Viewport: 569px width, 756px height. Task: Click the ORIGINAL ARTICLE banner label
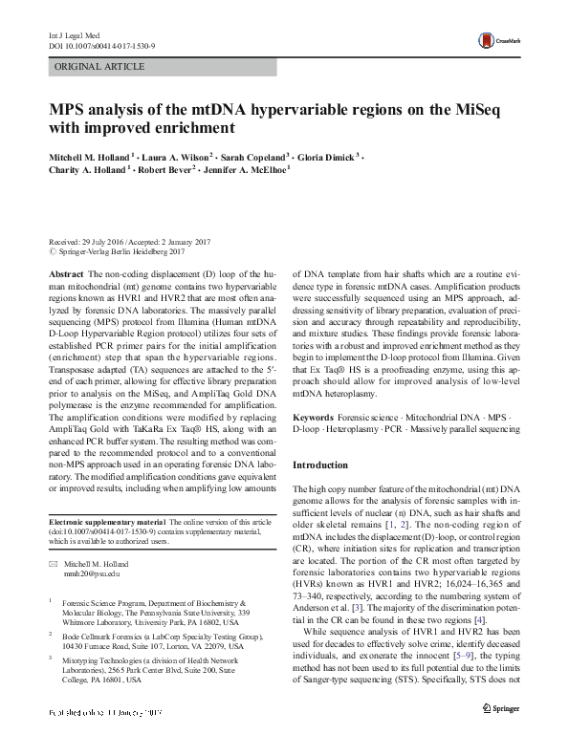click(99, 67)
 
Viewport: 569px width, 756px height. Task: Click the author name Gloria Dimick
click(325, 157)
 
